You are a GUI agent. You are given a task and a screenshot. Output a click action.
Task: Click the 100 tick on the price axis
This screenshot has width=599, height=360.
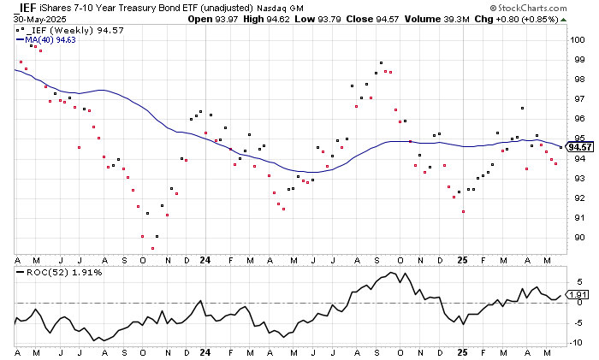(578, 39)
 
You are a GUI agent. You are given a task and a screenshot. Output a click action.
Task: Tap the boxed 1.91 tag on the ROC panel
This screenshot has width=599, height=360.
(578, 296)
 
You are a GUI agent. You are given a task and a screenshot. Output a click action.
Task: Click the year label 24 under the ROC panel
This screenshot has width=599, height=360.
(205, 352)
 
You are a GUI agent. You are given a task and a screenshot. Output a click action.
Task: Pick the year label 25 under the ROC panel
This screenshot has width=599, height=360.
(461, 352)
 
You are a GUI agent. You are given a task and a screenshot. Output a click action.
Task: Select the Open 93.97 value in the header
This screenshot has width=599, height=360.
(231, 18)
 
